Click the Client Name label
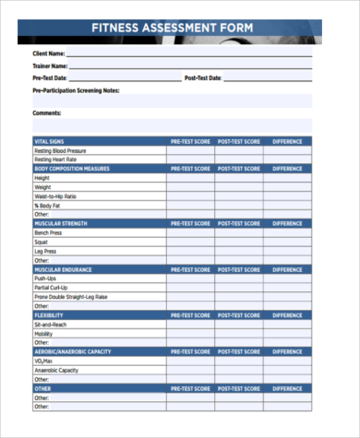[50, 54]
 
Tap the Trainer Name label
[50, 66]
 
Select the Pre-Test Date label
[51, 78]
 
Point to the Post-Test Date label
[203, 78]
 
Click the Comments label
[47, 113]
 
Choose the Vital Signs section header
[49, 142]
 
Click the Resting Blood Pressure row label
[60, 151]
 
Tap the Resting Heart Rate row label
[57, 160]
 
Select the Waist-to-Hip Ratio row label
[55, 196]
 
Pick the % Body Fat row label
[47, 205]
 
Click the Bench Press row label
[48, 232]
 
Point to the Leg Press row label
[45, 251]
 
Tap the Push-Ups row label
[46, 278]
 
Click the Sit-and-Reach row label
[52, 326]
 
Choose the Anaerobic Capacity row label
[56, 371]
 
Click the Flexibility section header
[49, 315]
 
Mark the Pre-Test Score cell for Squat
[190, 242]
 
